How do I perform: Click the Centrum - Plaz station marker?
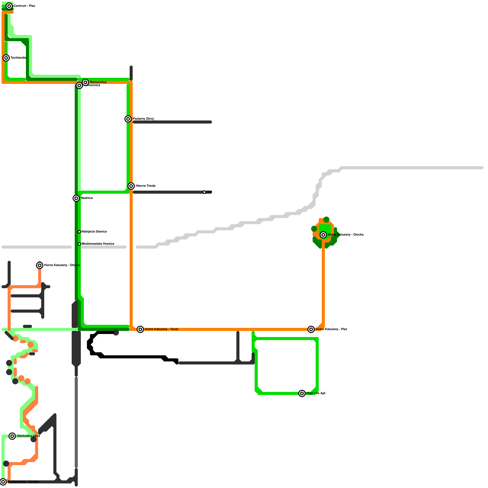9,6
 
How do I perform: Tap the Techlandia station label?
18,58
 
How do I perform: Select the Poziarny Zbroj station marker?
128,119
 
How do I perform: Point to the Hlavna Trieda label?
145,186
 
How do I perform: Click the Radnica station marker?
76,198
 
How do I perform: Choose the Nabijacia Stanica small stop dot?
79,232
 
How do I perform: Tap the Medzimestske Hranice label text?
98,244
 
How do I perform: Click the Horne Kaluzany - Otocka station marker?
40,265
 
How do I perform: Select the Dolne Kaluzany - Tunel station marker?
140,329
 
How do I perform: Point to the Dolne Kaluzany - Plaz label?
331,329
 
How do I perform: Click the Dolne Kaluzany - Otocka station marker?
323,235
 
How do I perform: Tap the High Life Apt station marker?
302,393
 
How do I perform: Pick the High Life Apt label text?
316,393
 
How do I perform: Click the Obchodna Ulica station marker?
12,436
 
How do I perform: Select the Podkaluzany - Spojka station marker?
3,482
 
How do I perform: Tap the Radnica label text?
87,198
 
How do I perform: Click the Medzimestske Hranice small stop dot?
79,244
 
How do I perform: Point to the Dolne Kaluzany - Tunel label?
161,329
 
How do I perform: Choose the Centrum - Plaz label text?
24,6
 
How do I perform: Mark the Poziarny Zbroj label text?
143,119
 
